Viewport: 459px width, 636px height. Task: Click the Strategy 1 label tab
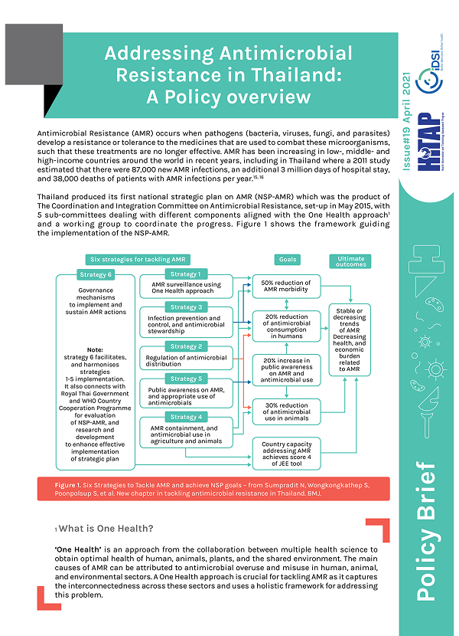click(x=184, y=274)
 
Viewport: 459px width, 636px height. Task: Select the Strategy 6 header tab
click(x=96, y=274)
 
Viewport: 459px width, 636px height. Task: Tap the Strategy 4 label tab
click(x=184, y=417)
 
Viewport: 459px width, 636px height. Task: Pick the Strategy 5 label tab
click(x=184, y=379)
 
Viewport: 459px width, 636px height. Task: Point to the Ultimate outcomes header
click(x=351, y=261)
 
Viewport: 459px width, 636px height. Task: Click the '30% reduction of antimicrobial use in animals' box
click(x=286, y=411)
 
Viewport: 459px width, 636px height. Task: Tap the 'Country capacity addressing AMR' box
click(x=286, y=453)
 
